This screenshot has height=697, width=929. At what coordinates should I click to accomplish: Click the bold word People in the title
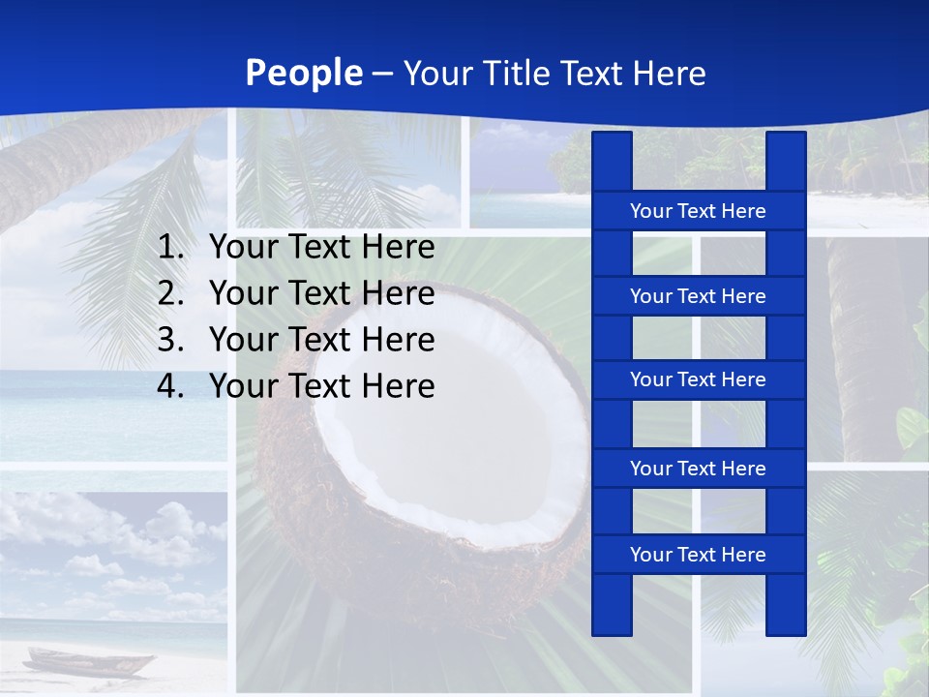[304, 73]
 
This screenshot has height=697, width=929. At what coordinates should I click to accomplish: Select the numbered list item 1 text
[321, 248]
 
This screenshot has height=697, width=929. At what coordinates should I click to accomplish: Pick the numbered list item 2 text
[321, 293]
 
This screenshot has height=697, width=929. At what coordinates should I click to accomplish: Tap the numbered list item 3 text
[321, 340]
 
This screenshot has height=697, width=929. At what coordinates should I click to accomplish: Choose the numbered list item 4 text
[321, 386]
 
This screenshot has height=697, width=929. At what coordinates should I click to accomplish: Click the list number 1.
[169, 248]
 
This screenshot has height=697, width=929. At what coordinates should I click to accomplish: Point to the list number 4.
[169, 386]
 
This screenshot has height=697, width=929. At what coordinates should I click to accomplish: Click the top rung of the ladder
[698, 211]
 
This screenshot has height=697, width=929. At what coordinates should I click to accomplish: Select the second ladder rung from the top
[698, 296]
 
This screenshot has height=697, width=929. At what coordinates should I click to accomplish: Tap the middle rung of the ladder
[698, 379]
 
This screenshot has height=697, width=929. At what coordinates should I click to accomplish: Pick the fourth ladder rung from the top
[698, 469]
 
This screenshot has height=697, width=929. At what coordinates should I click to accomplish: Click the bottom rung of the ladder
[698, 555]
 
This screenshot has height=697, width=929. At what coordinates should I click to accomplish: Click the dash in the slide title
[382, 74]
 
